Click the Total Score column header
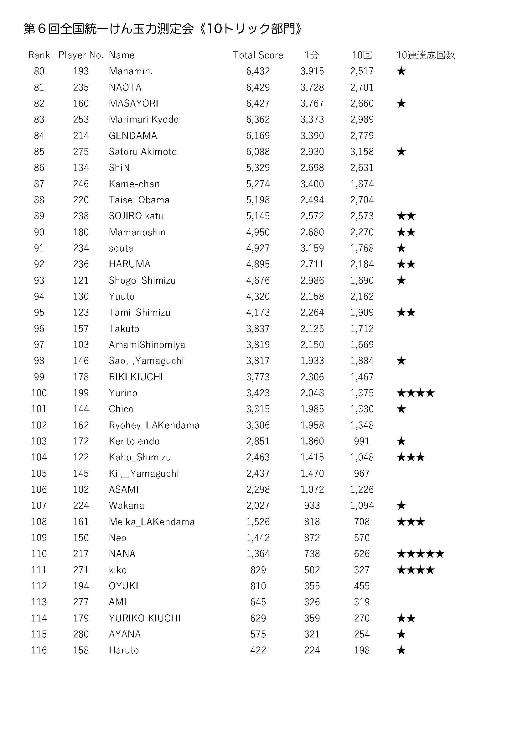tap(258, 55)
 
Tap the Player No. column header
tap(81, 55)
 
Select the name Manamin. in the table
tap(131, 71)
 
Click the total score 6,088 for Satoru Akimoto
tap(258, 152)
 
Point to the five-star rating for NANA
tap(420, 553)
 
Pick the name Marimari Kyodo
tap(143, 119)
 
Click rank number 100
tap(39, 393)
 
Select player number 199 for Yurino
tap(81, 393)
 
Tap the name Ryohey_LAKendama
tap(154, 425)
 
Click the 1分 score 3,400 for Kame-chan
tap(312, 184)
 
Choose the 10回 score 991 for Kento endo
tap(362, 441)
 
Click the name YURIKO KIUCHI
tap(144, 618)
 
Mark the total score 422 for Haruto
tap(258, 650)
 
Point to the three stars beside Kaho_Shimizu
tap(411, 457)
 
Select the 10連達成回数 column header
tap(426, 55)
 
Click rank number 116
tap(39, 650)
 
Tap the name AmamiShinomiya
tap(147, 344)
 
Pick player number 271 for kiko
tap(81, 570)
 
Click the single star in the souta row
tap(401, 248)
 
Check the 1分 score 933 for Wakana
tap(312, 505)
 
